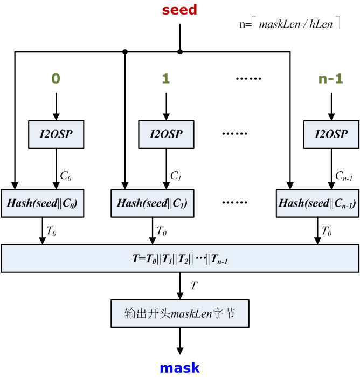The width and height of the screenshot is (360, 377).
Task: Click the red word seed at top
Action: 179,10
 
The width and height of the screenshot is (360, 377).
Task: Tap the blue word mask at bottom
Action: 179,368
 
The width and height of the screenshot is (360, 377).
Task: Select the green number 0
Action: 56,79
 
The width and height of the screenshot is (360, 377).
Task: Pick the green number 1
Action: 166,79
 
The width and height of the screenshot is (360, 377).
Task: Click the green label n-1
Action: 330,79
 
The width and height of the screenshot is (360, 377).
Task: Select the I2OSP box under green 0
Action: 56,134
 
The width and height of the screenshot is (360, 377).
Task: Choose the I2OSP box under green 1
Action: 166,134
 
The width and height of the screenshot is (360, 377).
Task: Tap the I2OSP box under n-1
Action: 330,134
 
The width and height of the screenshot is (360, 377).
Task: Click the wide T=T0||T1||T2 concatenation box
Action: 180,258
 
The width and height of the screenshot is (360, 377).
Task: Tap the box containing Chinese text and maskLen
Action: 180,313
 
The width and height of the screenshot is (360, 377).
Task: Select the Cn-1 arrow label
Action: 343,175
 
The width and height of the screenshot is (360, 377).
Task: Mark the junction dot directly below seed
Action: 180,52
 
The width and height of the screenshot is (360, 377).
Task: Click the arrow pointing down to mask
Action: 180,342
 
